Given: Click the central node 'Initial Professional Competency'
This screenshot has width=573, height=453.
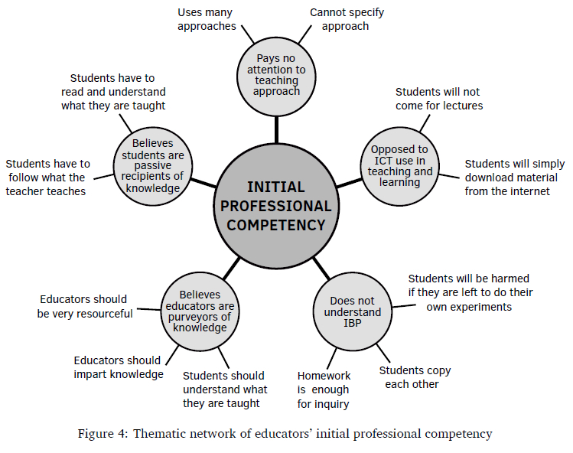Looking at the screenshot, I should click(276, 206).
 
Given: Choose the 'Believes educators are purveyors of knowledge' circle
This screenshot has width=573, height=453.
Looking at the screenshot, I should click(200, 311).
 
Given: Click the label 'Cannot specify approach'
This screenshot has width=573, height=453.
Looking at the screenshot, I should click(347, 19).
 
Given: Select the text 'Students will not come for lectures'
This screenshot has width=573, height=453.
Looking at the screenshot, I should click(439, 99).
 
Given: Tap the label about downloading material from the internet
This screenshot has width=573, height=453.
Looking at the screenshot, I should click(514, 178).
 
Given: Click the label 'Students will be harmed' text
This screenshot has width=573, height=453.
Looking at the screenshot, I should click(470, 292).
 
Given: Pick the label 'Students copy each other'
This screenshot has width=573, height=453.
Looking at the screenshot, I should click(414, 376).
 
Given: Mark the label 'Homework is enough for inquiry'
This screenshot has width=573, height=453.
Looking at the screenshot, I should click(324, 389).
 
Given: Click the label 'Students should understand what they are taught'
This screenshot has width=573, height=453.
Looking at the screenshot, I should click(224, 389).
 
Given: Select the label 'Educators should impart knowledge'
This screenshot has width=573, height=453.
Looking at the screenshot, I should click(118, 367).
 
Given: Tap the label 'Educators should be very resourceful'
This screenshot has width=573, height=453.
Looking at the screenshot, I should click(84, 306).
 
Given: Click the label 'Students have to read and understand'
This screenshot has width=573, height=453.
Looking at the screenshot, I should click(112, 92).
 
